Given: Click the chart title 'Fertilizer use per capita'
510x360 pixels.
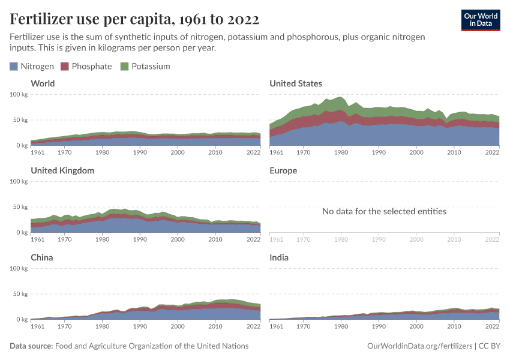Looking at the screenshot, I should pyautogui.click(x=134, y=19).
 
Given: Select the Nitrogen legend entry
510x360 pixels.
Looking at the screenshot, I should pyautogui.click(x=32, y=66).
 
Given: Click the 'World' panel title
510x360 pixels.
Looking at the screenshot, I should pyautogui.click(x=43, y=83).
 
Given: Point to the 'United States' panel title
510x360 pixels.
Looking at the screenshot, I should pyautogui.click(x=296, y=83).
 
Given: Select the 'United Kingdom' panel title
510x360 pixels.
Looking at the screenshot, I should pyautogui.click(x=62, y=170).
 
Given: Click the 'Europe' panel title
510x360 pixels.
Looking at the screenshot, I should pyautogui.click(x=283, y=170).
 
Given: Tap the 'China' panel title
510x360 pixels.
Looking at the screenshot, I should pyautogui.click(x=42, y=257).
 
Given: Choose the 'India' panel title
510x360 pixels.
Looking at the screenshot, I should pyautogui.click(x=279, y=257).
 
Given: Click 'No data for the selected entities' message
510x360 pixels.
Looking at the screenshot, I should pyautogui.click(x=384, y=211).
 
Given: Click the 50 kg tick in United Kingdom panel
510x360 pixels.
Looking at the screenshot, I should pyautogui.click(x=20, y=207).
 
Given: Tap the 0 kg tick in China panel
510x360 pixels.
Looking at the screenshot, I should pyautogui.click(x=22, y=319).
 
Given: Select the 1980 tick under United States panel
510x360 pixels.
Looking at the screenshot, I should pyautogui.click(x=341, y=153).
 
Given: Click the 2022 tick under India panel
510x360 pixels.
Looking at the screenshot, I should pyautogui.click(x=492, y=327).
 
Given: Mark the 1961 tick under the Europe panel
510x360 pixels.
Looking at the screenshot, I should pyautogui.click(x=277, y=240).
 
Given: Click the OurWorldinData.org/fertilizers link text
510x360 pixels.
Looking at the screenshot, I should pyautogui.click(x=419, y=346).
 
